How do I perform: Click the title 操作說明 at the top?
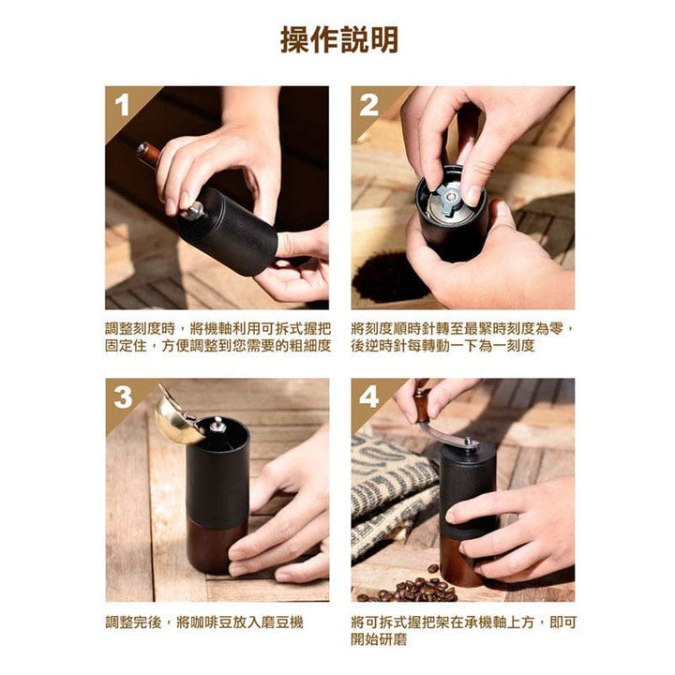(x=338, y=39)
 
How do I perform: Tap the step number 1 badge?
(x=122, y=105)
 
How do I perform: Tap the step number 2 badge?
(x=368, y=105)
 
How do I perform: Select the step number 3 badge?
(x=123, y=397)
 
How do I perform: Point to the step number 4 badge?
(x=369, y=397)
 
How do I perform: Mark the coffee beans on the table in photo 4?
(x=408, y=590)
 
